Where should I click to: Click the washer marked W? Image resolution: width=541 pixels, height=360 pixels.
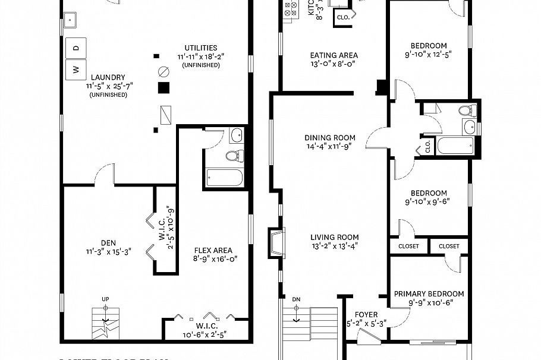(x=76, y=69)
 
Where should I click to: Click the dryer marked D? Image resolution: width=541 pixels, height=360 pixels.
(x=76, y=47)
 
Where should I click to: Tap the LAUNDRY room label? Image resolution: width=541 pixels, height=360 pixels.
(x=108, y=77)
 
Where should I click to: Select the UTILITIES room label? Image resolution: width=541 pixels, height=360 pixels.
(x=200, y=48)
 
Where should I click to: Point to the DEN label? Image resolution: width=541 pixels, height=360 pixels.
(x=108, y=242)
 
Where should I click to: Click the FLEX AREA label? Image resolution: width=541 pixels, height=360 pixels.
(x=213, y=251)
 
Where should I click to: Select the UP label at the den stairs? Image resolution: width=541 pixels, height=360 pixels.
(x=105, y=298)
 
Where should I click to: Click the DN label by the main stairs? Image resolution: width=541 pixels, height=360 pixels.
(x=297, y=298)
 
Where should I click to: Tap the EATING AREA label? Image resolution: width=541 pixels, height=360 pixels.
(x=334, y=55)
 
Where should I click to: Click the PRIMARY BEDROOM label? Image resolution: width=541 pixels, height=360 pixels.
(x=429, y=293)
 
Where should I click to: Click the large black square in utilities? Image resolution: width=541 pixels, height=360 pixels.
(x=164, y=88)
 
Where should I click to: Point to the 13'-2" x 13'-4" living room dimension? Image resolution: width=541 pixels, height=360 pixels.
(x=335, y=247)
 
